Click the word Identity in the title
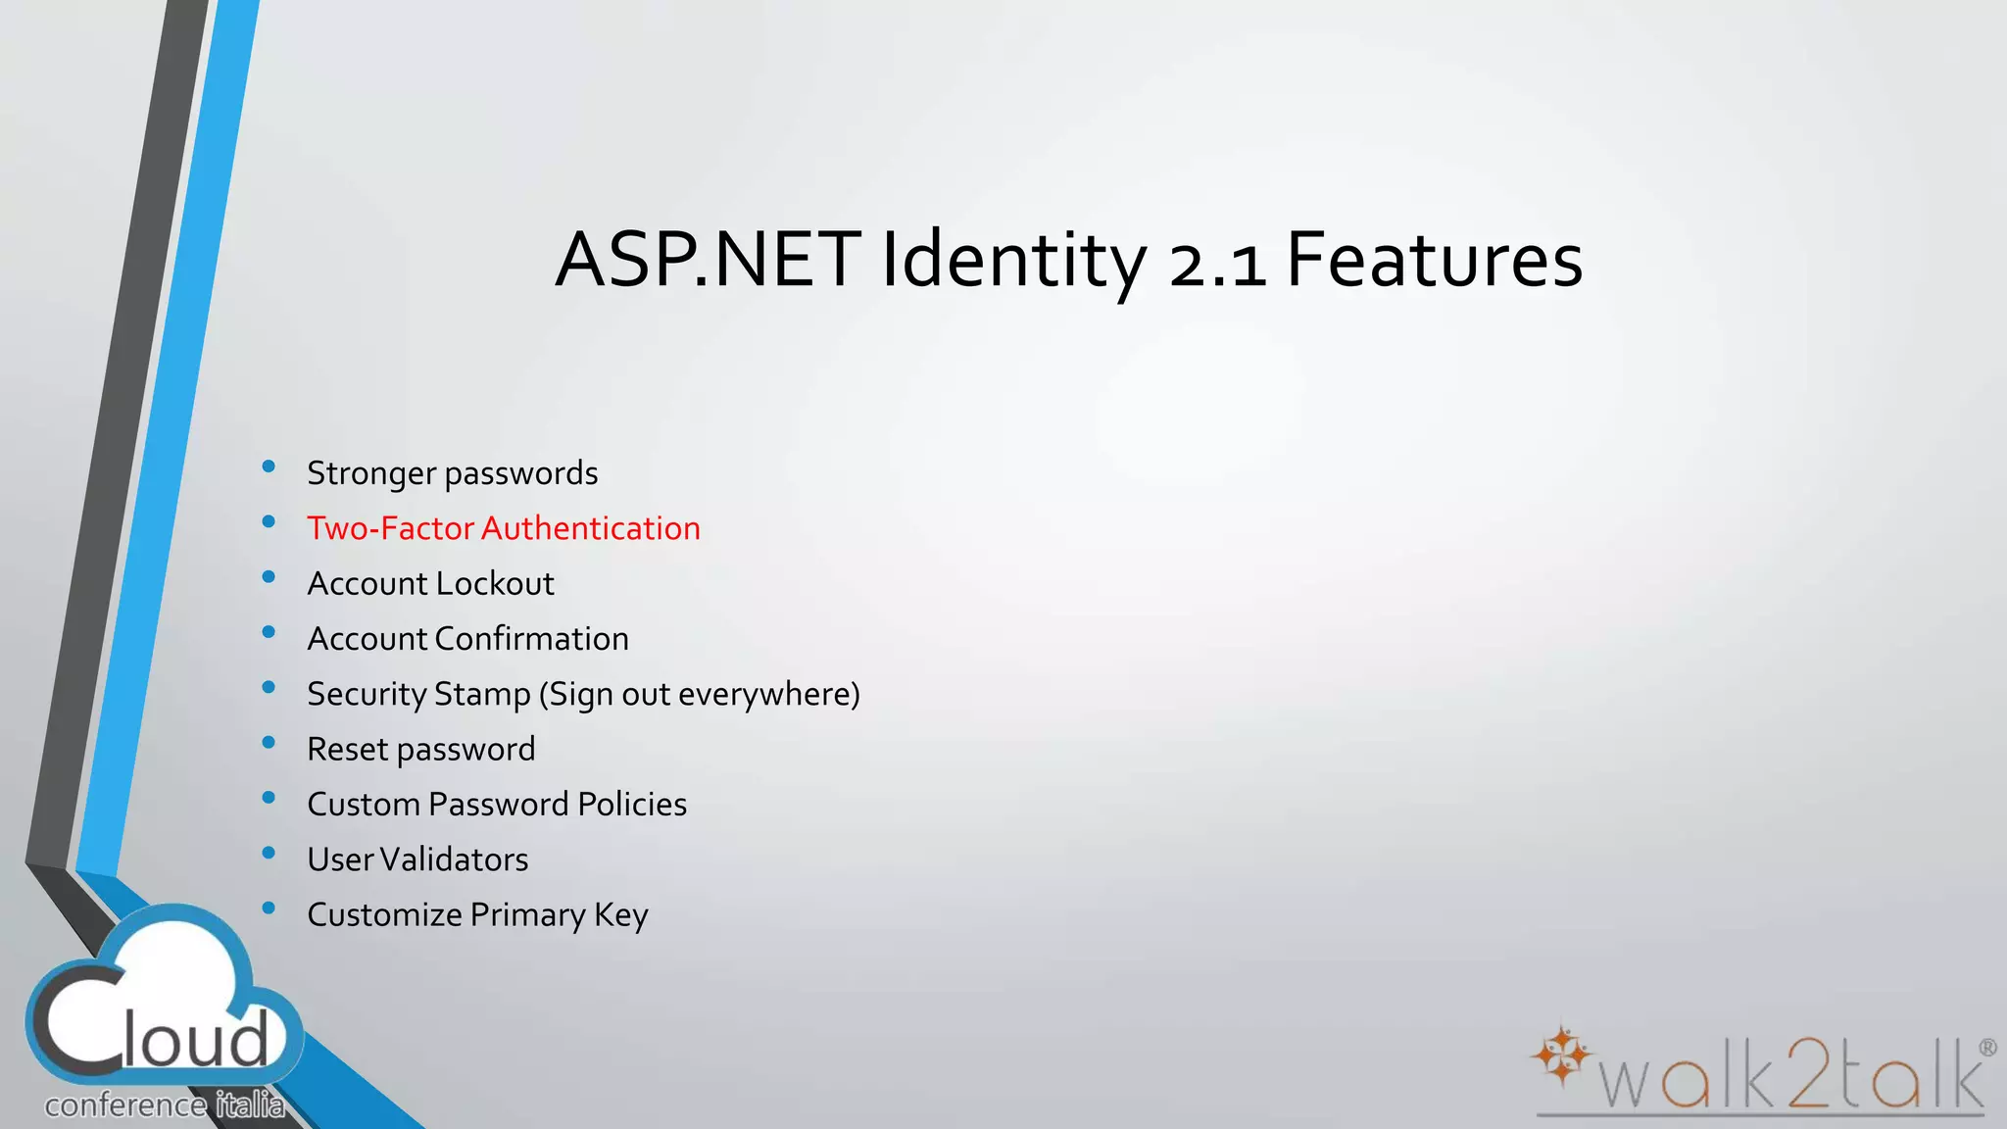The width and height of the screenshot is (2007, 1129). point(1013,261)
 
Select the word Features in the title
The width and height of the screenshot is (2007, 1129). point(1434,261)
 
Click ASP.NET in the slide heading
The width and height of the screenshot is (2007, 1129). point(708,261)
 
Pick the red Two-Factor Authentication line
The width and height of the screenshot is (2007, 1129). point(504,528)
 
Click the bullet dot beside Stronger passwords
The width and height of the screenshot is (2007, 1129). point(269,467)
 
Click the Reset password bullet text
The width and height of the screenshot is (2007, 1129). point(421,750)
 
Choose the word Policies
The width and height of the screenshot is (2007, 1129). point(632,805)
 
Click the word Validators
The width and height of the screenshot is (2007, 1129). point(455,859)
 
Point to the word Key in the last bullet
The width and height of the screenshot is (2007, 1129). point(621,915)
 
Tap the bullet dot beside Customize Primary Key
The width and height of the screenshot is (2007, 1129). point(269,908)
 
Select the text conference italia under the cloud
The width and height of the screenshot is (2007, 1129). point(165,1105)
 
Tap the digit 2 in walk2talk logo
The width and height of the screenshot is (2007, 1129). point(1803,1074)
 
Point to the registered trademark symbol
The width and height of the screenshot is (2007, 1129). point(1987,1048)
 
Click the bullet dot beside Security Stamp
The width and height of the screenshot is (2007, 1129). point(269,688)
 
